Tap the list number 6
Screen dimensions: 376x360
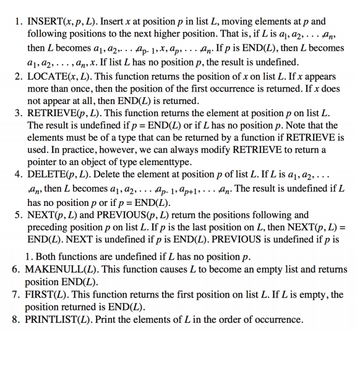(x=17, y=270)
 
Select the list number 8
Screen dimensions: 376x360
(x=17, y=320)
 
